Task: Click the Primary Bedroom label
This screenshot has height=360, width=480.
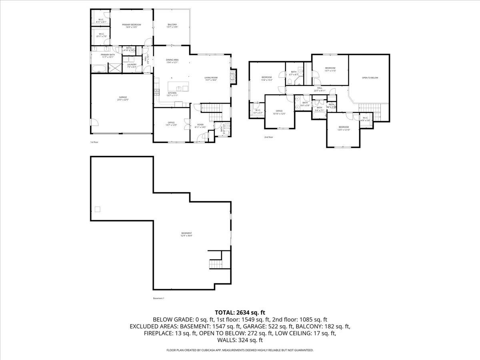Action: click(132, 25)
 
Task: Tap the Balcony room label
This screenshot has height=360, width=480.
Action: click(172, 25)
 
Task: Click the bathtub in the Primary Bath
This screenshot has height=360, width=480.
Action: click(99, 69)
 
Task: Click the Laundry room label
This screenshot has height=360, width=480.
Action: click(132, 64)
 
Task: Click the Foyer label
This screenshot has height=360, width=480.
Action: click(200, 125)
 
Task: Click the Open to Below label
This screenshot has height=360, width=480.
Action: click(370, 78)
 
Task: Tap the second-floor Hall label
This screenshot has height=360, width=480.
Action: click(320, 88)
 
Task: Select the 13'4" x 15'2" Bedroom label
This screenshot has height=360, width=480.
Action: click(266, 77)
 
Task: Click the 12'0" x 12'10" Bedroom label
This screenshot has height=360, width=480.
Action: click(344, 127)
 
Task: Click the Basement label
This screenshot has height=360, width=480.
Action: click(186, 233)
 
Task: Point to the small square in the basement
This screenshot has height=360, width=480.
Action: click(97, 209)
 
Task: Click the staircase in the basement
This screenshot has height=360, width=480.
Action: click(216, 264)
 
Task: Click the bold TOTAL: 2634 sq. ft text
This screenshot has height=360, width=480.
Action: click(240, 312)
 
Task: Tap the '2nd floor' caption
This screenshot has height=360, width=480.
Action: click(268, 137)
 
